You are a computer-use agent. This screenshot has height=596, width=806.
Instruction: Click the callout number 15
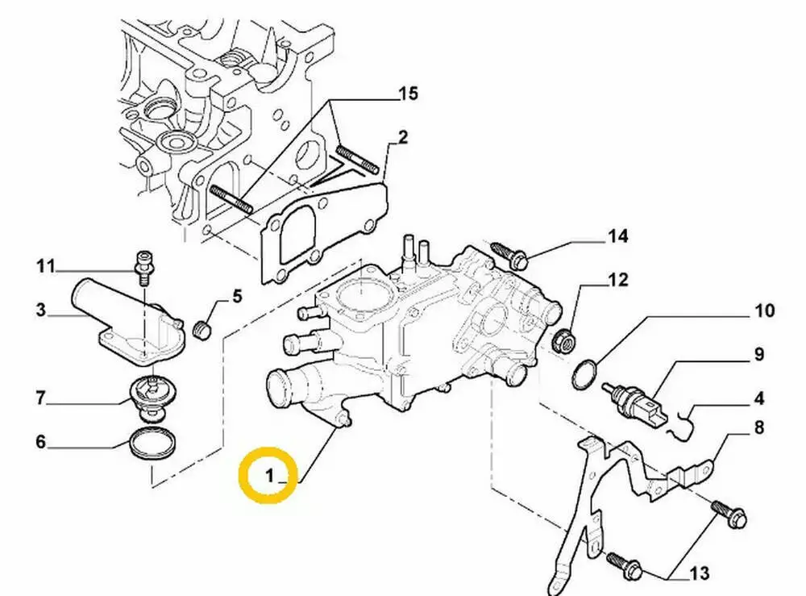(x=408, y=94)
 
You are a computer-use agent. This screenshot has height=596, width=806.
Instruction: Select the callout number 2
(x=402, y=137)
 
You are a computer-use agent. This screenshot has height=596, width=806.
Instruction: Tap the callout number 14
(x=618, y=236)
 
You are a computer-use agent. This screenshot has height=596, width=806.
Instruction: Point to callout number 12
(x=618, y=280)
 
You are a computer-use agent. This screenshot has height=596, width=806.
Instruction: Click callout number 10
(x=764, y=311)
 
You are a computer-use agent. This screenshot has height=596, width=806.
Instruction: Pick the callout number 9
(x=758, y=354)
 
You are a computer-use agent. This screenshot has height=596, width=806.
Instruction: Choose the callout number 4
(x=758, y=398)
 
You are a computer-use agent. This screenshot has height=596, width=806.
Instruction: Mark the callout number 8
(x=758, y=427)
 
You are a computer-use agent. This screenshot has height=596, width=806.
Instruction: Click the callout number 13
(x=700, y=573)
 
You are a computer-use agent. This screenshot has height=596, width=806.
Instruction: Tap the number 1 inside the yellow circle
(x=270, y=476)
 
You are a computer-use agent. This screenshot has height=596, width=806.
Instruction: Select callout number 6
(x=40, y=441)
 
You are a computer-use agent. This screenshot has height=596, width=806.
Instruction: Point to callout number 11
(x=45, y=266)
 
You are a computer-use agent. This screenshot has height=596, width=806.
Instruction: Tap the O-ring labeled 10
(x=584, y=374)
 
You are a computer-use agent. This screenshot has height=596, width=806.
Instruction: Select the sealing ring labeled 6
(x=152, y=440)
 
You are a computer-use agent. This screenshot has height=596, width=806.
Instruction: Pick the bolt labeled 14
(x=509, y=256)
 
